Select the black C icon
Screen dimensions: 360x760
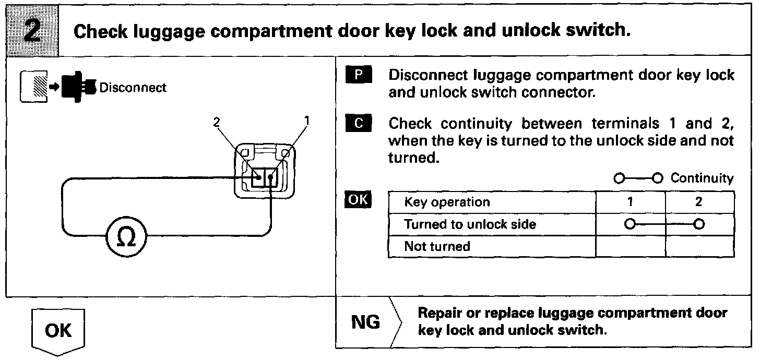[358, 124]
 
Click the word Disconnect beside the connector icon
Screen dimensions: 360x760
[133, 87]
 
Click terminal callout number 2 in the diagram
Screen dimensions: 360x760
[217, 122]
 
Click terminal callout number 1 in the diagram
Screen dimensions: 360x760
[307, 121]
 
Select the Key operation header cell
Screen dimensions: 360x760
[447, 202]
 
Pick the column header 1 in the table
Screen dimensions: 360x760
[631, 202]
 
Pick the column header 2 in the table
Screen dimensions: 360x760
[699, 202]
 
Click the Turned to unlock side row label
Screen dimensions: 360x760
[470, 224]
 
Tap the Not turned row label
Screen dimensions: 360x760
[437, 246]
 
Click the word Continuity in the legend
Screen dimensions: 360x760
[702, 178]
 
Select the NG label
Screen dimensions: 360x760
[365, 322]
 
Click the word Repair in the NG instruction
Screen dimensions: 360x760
[438, 314]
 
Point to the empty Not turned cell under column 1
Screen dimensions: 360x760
[631, 246]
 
